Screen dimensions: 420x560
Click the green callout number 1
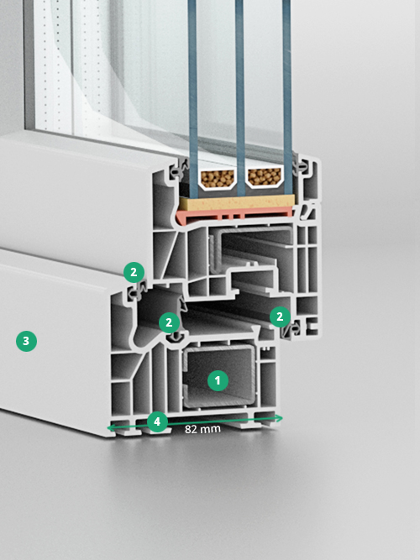(218, 380)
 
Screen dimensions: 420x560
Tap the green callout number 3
(26, 341)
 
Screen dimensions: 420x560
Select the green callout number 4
(157, 421)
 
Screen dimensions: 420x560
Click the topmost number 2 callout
(134, 272)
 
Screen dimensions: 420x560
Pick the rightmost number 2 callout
(280, 317)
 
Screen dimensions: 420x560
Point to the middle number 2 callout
(169, 323)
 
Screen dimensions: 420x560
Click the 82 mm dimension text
(202, 429)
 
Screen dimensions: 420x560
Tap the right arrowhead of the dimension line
(279, 418)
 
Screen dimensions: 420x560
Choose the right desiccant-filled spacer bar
(265, 177)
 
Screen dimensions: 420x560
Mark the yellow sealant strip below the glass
(237, 203)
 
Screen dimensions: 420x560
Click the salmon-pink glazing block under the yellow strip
(234, 216)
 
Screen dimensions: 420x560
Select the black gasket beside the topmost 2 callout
(138, 290)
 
